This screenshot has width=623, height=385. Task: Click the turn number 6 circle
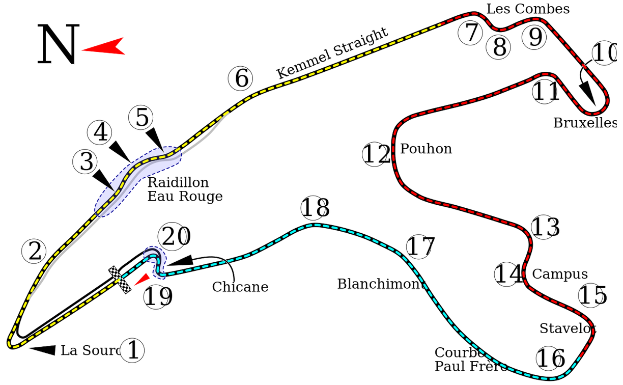click(x=240, y=79)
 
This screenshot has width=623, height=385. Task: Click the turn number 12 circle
click(x=376, y=154)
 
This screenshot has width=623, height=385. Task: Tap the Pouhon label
click(x=426, y=149)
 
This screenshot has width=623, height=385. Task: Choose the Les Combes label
click(x=527, y=9)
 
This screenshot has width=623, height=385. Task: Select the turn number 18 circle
click(x=315, y=208)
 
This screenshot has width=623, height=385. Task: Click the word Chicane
click(x=240, y=287)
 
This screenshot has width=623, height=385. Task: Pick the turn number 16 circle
click(x=550, y=358)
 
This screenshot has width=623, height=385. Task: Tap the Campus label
click(x=559, y=274)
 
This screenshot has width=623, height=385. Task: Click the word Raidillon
click(x=178, y=183)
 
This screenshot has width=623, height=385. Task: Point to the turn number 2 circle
click(x=34, y=251)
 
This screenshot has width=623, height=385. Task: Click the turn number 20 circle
click(x=174, y=237)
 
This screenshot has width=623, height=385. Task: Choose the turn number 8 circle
click(x=499, y=47)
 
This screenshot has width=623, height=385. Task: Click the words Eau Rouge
click(x=185, y=197)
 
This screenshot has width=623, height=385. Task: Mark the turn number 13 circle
click(x=545, y=228)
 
